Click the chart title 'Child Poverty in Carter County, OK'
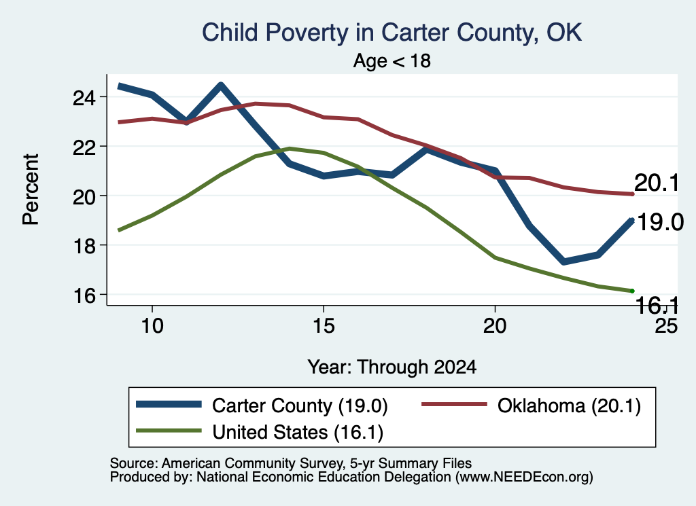coord(391,33)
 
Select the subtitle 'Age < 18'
coord(392,60)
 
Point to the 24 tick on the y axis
coord(84,97)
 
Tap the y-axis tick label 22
coord(84,147)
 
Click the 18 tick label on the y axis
coord(84,246)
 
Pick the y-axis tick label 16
coord(84,295)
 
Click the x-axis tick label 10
coord(152,326)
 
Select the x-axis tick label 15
coord(324,326)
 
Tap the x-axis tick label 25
coord(666,326)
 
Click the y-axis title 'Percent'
coord(31,189)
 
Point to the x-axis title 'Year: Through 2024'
coord(392,367)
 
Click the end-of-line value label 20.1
coord(657,183)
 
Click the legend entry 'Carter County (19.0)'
coord(300,405)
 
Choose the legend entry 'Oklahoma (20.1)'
coord(569,405)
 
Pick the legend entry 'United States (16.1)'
coord(298,433)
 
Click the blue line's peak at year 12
coord(221,85)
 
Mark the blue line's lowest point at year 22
coord(563,261)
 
